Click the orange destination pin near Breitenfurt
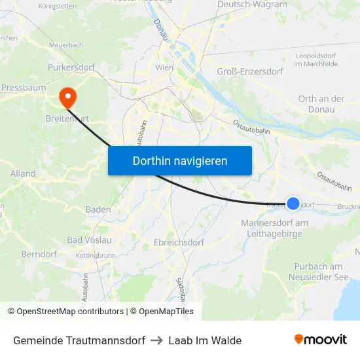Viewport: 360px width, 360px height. (x=67, y=98)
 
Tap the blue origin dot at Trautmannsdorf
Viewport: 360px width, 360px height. (x=293, y=204)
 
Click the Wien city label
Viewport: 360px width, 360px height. (x=164, y=67)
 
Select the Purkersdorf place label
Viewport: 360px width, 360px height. (x=68, y=67)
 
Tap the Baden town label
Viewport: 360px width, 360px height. (x=98, y=209)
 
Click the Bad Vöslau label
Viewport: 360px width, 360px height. (x=90, y=240)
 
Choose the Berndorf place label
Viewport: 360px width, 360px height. (x=39, y=254)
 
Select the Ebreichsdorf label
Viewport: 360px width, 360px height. (x=179, y=242)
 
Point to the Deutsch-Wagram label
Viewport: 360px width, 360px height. (x=251, y=5)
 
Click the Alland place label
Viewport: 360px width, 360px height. (x=23, y=174)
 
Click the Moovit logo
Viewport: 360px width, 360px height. (x=321, y=340)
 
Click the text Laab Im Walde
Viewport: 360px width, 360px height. (x=205, y=340)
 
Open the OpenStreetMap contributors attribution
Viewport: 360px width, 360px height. (x=66, y=312)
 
